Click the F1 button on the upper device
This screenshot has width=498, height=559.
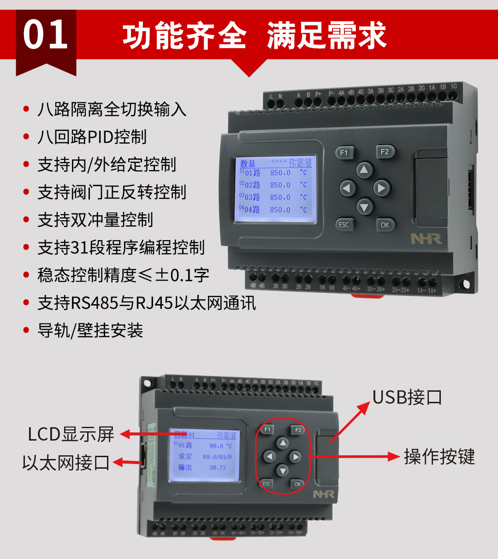(344, 153)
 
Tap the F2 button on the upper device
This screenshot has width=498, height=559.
(385, 152)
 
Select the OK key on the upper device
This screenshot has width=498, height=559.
(385, 225)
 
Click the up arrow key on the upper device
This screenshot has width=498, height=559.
(364, 170)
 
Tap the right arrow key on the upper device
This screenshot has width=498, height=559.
(381, 188)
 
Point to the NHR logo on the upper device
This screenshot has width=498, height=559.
(426, 239)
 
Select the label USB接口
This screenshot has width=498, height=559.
(407, 397)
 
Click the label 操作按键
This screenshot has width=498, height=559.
(439, 457)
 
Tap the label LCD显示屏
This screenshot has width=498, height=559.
(71, 434)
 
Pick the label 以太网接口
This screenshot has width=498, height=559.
(66, 462)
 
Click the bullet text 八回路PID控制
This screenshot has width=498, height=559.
(92, 137)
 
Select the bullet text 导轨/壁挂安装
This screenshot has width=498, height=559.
(90, 330)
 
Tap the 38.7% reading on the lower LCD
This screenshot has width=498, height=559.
(218, 467)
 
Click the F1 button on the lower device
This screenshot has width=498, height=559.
(267, 430)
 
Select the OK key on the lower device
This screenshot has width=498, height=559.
(297, 484)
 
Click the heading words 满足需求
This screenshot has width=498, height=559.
(326, 35)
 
